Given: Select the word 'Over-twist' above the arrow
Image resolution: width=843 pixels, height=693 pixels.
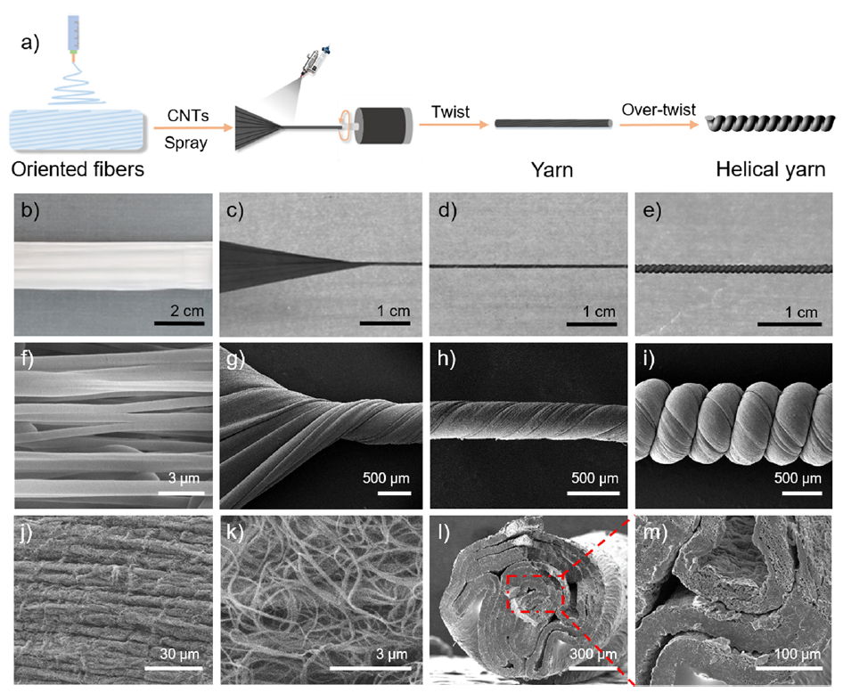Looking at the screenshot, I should (x=653, y=112).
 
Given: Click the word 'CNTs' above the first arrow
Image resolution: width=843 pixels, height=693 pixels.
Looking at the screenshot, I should (x=187, y=115).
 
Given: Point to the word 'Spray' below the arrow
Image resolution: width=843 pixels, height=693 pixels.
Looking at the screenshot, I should (x=187, y=141).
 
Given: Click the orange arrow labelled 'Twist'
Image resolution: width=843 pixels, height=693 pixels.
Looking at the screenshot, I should (x=451, y=126).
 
